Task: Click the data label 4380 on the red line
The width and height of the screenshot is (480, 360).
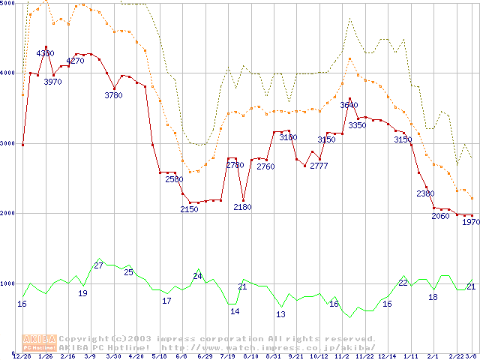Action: pyautogui.click(x=45, y=53)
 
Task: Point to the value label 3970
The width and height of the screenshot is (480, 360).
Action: pyautogui.click(x=52, y=82)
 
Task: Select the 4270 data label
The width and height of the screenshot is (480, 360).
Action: pyautogui.click(x=75, y=61)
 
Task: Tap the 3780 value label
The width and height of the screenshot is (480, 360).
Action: pyautogui.click(x=113, y=95)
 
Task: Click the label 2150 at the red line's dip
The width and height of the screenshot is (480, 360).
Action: pyautogui.click(x=189, y=209)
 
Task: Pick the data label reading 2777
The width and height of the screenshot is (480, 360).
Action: pyautogui.click(x=319, y=165)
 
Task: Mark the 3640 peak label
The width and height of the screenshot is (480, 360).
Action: pyautogui.click(x=349, y=105)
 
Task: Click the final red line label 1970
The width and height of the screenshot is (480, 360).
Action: pyautogui.click(x=470, y=222)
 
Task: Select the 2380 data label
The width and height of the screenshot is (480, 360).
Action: pyautogui.click(x=425, y=193)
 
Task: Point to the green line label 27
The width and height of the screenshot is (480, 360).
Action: pyautogui.click(x=98, y=265)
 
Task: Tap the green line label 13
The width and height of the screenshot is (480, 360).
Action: pyautogui.click(x=280, y=313)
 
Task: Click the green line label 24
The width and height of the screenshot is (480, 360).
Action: pyautogui.click(x=197, y=276)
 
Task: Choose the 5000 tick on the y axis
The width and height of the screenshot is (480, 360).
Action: pyautogui.click(x=7, y=3)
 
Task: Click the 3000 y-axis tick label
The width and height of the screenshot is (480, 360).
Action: pyautogui.click(x=7, y=142)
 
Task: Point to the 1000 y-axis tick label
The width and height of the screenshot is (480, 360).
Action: pyautogui.click(x=7, y=283)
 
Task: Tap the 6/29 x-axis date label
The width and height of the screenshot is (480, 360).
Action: pyautogui.click(x=204, y=355)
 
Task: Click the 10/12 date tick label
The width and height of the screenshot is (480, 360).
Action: pyautogui.click(x=318, y=355)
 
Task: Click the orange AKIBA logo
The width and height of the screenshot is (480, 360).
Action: pyautogui.click(x=39, y=342)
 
